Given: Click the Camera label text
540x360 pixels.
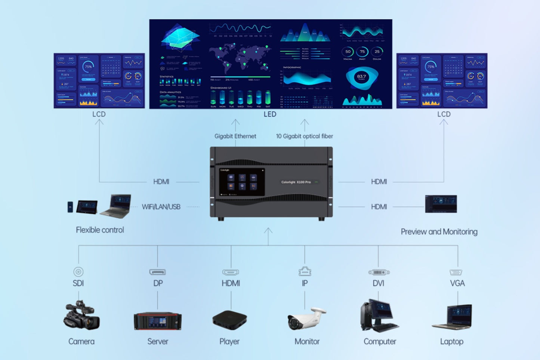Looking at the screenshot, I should [81, 341].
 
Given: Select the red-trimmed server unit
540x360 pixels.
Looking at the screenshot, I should [158, 321].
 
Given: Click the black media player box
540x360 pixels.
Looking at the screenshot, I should [229, 320].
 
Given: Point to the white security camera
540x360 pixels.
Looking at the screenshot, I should [306, 319].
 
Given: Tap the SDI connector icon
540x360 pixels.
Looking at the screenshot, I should [78, 272].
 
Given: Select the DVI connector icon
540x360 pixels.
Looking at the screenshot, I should [379, 272].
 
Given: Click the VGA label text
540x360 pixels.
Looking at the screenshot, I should [457, 283].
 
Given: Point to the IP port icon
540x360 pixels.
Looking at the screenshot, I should [305, 271].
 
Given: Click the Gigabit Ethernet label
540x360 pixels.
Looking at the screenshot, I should [235, 136].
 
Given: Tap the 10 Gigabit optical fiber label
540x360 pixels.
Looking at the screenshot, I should [304, 136].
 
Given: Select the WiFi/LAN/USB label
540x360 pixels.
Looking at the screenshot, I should [161, 207].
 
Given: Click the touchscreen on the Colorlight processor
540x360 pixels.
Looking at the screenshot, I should [241, 182].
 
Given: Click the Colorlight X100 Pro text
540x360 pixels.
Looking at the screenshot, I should [296, 182].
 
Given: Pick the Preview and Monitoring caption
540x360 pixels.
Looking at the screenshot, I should [439, 232].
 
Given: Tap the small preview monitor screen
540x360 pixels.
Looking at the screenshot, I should [441, 204].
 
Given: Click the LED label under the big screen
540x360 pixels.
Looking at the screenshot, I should [270, 114].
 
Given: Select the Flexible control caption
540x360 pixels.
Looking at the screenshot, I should [100, 230].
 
